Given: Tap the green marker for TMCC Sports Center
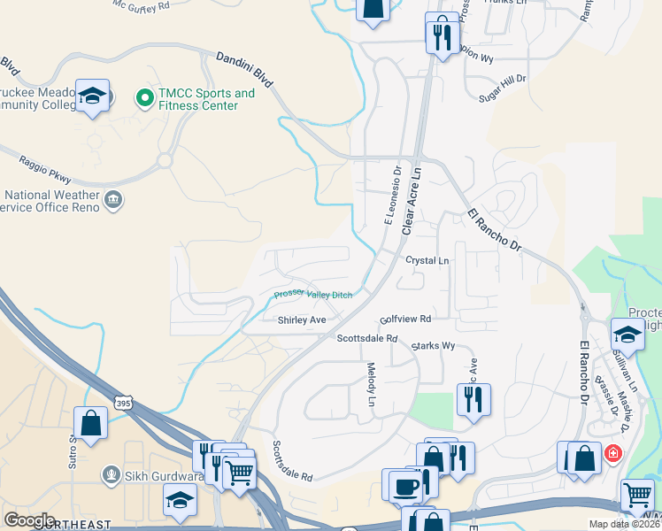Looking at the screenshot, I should [x=142, y=98].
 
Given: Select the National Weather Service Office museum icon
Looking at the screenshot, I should [x=113, y=200].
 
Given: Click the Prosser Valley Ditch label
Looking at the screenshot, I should [x=312, y=295].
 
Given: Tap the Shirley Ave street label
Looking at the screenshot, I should [x=302, y=319].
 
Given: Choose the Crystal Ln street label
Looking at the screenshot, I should [x=427, y=261].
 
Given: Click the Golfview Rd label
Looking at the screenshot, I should [x=404, y=319].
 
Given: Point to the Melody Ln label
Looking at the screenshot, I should [x=372, y=385].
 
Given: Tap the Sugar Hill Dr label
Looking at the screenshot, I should [x=501, y=86].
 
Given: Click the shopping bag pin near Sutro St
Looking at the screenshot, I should [x=91, y=422].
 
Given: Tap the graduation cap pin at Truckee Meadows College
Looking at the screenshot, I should [x=91, y=96].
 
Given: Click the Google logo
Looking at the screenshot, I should [x=29, y=519].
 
